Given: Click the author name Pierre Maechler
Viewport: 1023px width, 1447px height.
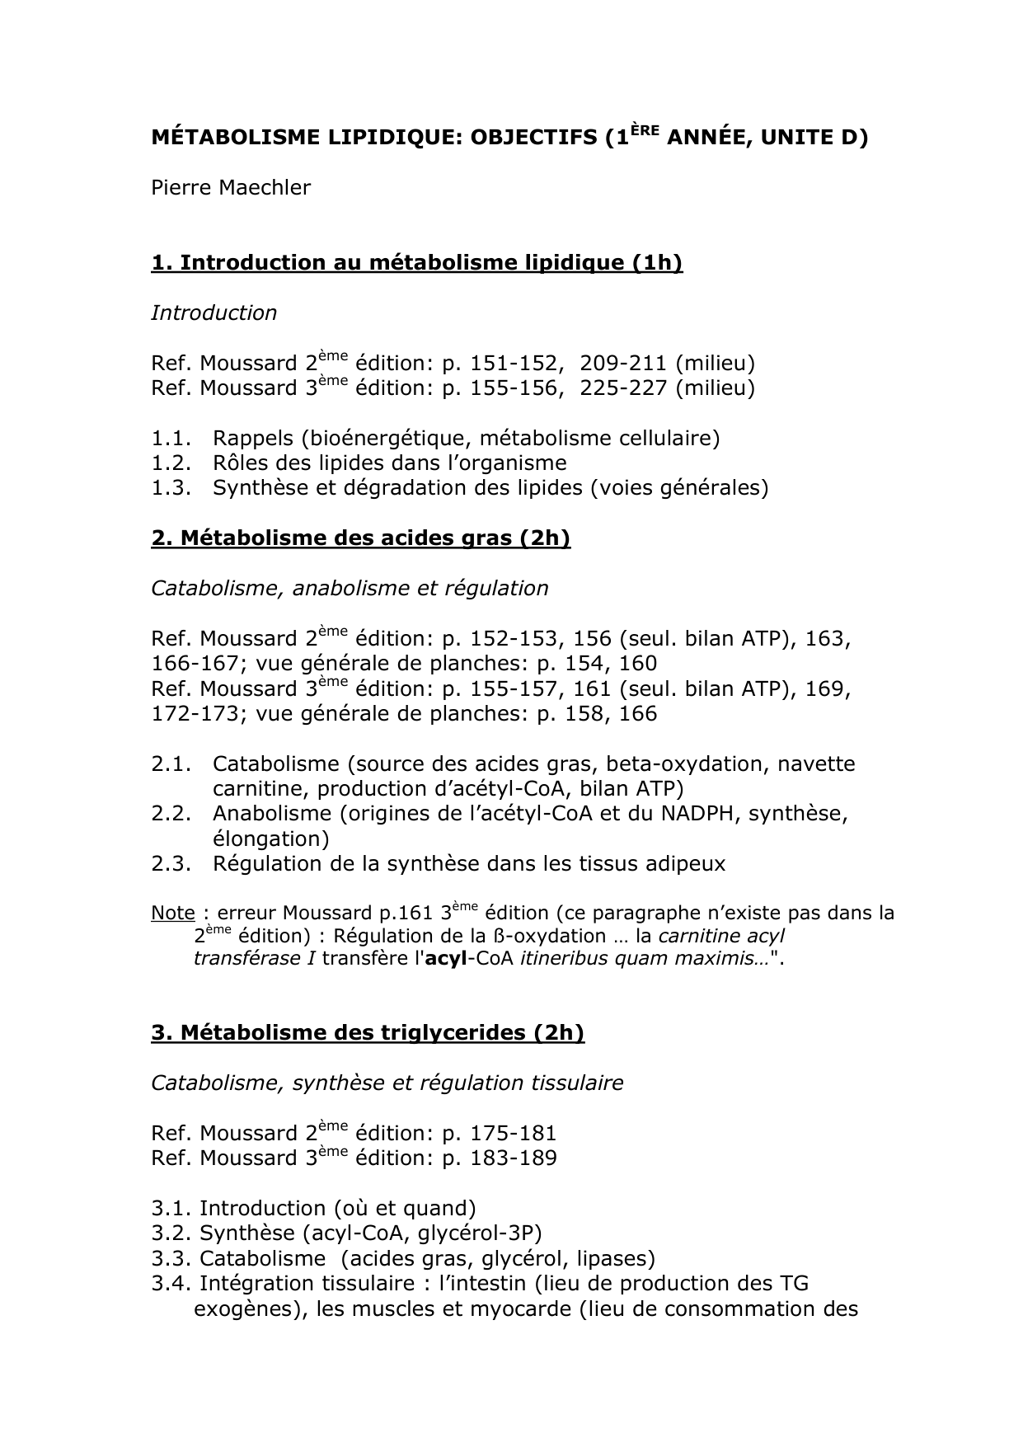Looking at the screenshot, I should (231, 188).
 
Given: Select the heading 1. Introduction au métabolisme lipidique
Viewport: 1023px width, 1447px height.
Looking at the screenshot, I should (417, 263).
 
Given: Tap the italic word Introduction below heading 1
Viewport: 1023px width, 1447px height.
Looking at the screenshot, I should (214, 313).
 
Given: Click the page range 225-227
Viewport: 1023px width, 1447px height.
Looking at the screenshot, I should (623, 388).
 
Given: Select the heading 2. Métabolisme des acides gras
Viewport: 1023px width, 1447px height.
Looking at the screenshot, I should (360, 538).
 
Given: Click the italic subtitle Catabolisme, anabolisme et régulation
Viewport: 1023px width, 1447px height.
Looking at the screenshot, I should (350, 589).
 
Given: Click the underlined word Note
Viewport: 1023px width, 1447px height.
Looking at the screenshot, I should (172, 914).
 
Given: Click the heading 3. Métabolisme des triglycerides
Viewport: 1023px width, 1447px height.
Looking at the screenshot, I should (368, 1033).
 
